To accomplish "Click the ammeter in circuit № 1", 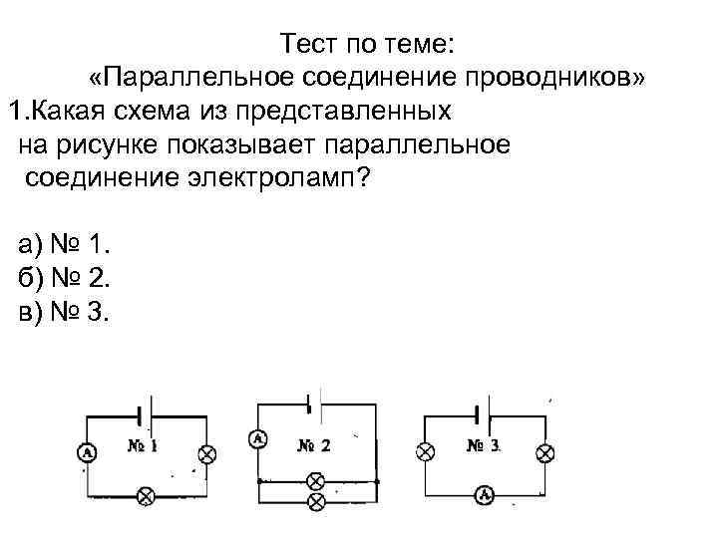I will [87, 453].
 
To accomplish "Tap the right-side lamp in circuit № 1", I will [207, 453].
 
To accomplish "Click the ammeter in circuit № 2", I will [258, 438].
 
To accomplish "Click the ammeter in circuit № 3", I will [485, 494].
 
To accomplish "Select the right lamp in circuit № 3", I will [544, 451].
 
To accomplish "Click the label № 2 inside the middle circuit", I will [313, 445].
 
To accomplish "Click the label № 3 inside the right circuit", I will [483, 445].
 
